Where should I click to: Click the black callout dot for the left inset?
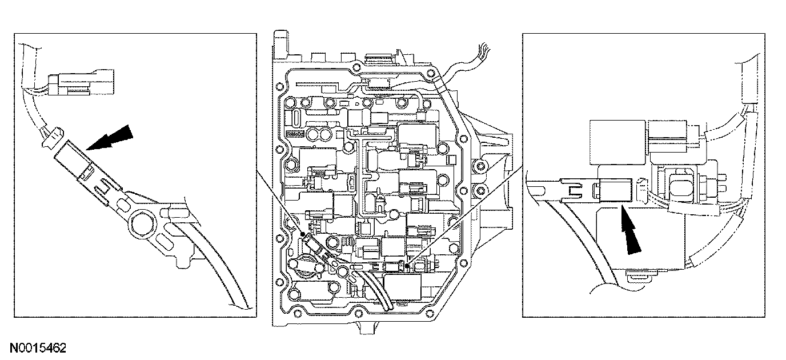click(x=302, y=234)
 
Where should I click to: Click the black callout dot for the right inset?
click(x=405, y=264)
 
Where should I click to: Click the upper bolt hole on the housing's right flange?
click(x=482, y=166)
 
